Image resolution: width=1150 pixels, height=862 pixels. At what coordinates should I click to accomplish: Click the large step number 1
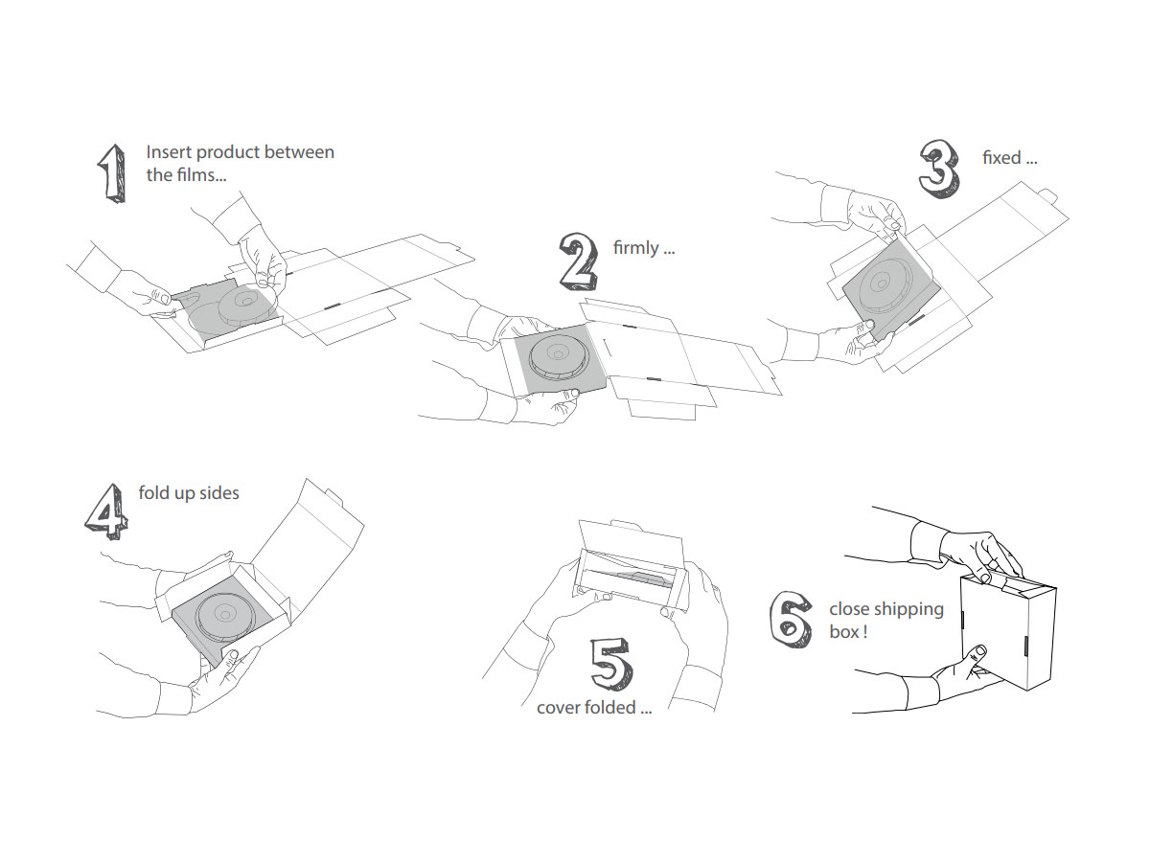pos(112,173)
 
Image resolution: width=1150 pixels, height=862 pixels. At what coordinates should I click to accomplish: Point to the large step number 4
pos(106,509)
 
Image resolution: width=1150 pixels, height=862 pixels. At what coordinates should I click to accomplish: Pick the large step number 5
pos(611,662)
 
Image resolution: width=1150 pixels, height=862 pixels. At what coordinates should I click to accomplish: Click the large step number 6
pos(792,619)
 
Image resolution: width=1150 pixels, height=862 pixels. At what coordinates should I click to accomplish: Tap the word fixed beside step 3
pos(1001,157)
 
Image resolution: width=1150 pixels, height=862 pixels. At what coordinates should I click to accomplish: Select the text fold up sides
pos(189,493)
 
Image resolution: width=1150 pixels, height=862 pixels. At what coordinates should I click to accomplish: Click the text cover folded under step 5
pos(586,708)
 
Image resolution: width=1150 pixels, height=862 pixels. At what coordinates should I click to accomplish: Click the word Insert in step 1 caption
pos(167,152)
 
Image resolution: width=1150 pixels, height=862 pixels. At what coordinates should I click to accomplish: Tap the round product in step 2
pos(559,357)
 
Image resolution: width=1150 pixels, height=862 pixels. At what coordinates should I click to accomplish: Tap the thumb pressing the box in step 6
pos(975,656)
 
